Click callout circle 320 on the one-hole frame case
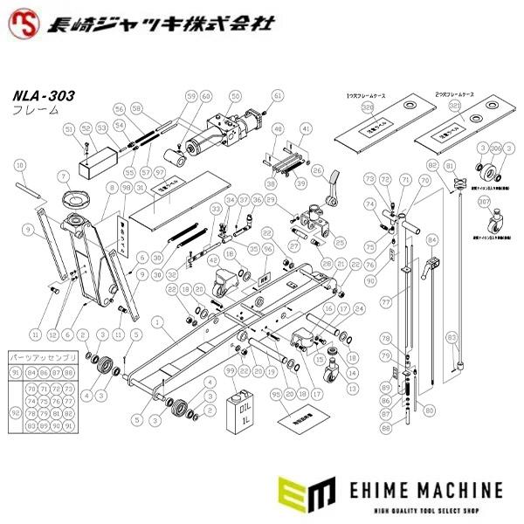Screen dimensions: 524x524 [x=367, y=107]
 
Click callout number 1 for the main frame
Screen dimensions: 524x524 [x=157, y=322]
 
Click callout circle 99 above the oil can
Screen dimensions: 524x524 [x=231, y=371]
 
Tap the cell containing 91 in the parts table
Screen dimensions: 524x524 [x=15, y=372]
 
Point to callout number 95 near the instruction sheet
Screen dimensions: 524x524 [x=277, y=394]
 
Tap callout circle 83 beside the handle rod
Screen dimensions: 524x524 [x=451, y=335]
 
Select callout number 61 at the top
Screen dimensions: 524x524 [x=278, y=96]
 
